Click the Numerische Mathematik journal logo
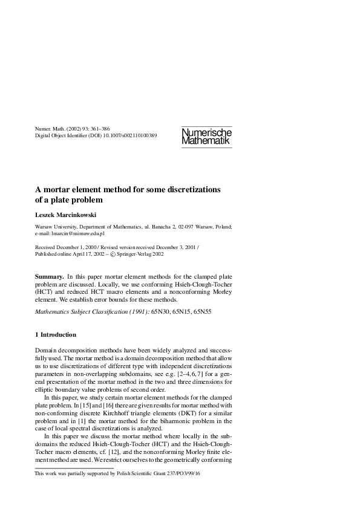pyautogui.click(x=206, y=136)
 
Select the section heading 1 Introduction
pyautogui.click(x=56, y=334)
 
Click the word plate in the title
pyautogui.click(x=57, y=199)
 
